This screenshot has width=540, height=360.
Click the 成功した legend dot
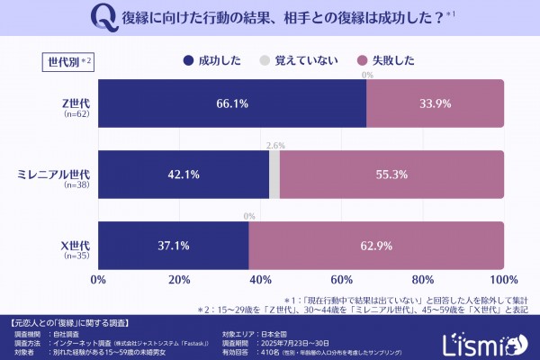[187, 61]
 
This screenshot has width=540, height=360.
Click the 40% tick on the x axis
[261, 279]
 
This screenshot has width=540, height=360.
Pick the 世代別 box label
[67, 61]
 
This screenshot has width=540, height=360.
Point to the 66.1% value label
[232, 103]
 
